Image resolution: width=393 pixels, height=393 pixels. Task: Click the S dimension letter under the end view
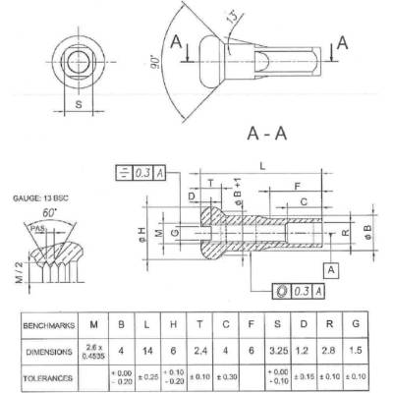coord(78,101)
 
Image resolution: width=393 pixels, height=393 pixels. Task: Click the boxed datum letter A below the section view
coord(333,268)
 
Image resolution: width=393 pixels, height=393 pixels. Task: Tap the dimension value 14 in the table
coord(147,349)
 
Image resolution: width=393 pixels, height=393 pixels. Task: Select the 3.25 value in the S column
coord(279,349)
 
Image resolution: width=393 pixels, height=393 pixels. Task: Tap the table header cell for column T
coord(199,322)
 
